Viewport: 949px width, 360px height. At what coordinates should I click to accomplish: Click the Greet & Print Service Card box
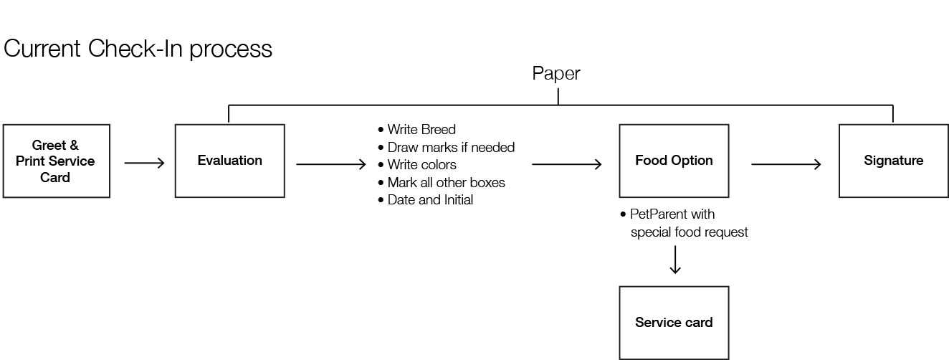pyautogui.click(x=56, y=161)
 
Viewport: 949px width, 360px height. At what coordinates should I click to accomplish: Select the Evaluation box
pyautogui.click(x=229, y=161)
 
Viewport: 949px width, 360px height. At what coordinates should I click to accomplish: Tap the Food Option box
pyautogui.click(x=674, y=161)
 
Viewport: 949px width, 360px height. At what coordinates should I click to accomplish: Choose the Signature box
pyautogui.click(x=893, y=161)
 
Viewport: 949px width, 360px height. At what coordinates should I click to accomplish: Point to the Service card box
pyautogui.click(x=674, y=323)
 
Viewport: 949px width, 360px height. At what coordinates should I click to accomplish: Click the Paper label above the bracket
pyautogui.click(x=556, y=73)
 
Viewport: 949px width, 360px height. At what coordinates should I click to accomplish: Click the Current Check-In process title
pyautogui.click(x=138, y=49)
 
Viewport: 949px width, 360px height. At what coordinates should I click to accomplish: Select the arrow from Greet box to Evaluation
pyautogui.click(x=144, y=164)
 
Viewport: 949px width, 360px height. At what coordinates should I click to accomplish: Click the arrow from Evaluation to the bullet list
pyautogui.click(x=331, y=165)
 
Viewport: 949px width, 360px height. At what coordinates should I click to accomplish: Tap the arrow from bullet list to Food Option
pyautogui.click(x=567, y=165)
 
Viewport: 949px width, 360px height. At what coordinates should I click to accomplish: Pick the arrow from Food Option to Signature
pyautogui.click(x=786, y=165)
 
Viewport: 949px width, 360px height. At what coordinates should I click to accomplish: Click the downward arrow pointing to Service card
pyautogui.click(x=674, y=260)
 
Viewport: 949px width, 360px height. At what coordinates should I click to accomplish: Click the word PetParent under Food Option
pyautogui.click(x=655, y=214)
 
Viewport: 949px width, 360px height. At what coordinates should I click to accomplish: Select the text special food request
pyautogui.click(x=689, y=232)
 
